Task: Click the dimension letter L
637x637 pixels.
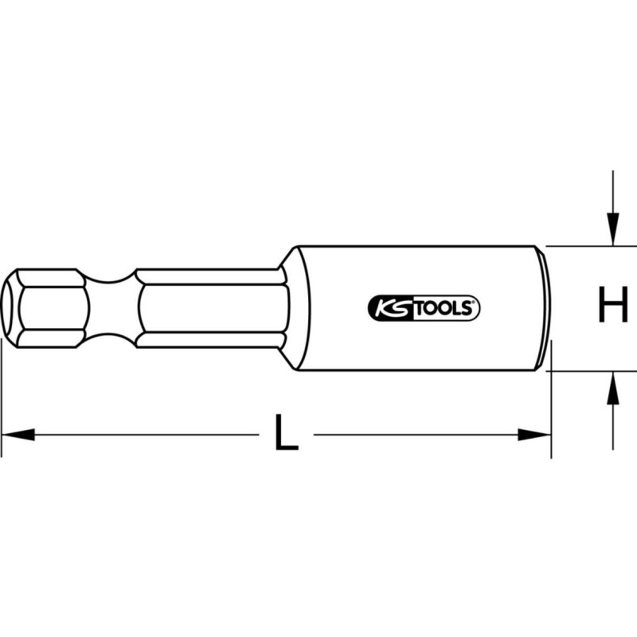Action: coord(286,434)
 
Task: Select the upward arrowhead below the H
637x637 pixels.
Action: coord(612,386)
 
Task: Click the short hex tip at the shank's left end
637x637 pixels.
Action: coord(48,307)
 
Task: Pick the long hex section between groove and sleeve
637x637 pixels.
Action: coord(211,307)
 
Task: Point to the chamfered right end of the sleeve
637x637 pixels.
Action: coord(545,307)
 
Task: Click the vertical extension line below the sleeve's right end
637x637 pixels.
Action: coord(551,414)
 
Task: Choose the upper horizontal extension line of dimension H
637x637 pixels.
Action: coord(589,245)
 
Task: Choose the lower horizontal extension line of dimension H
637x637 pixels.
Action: coord(589,370)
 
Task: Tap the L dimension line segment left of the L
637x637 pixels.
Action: coord(143,435)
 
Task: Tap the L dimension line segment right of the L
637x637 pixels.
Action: coord(414,435)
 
